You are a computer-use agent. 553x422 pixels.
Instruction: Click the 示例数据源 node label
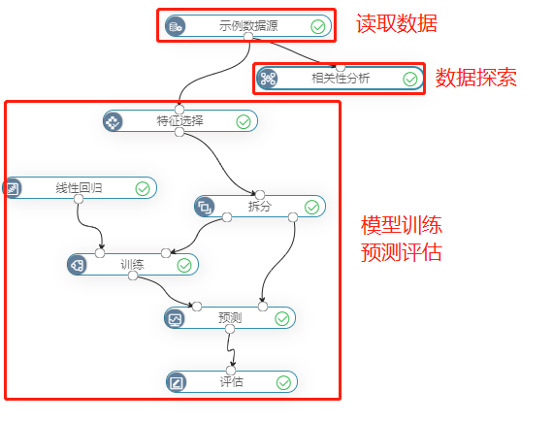[248, 26]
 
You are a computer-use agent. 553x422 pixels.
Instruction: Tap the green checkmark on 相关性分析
[410, 80]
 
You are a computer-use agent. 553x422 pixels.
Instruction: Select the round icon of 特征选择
[113, 121]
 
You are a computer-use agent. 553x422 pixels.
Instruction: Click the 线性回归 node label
[79, 188]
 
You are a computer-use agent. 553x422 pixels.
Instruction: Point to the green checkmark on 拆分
[311, 208]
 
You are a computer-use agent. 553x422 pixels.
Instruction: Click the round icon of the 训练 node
[77, 265]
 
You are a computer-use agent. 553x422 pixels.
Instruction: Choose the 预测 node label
[230, 318]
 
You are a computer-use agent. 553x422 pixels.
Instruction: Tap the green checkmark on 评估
[283, 382]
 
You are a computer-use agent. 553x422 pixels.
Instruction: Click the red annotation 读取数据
[397, 23]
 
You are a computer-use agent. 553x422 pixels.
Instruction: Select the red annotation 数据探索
[475, 78]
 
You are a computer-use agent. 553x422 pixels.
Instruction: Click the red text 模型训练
[402, 225]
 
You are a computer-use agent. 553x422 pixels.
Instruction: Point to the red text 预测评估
[402, 251]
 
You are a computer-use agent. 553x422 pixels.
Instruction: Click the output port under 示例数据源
[248, 37]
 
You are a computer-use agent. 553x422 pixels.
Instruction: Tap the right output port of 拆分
[293, 217]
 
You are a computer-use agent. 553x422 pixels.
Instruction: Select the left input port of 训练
[100, 253]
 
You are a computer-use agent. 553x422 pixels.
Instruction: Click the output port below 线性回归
[79, 199]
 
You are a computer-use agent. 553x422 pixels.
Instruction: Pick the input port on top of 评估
[231, 371]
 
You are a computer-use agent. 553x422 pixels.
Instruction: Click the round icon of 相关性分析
[268, 79]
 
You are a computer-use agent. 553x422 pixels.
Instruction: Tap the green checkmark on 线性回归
[143, 189]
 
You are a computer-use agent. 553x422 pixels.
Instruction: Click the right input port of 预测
[263, 307]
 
